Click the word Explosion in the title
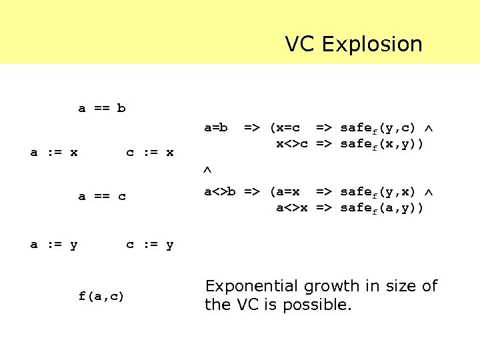[372, 44]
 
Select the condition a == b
[102, 108]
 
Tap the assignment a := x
[54, 153]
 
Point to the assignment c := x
[150, 153]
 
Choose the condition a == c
[102, 197]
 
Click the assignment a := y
[54, 245]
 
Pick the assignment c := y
[150, 245]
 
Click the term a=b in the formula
[216, 127]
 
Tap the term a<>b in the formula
[220, 192]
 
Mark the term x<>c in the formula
[292, 143]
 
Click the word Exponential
[253, 287]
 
